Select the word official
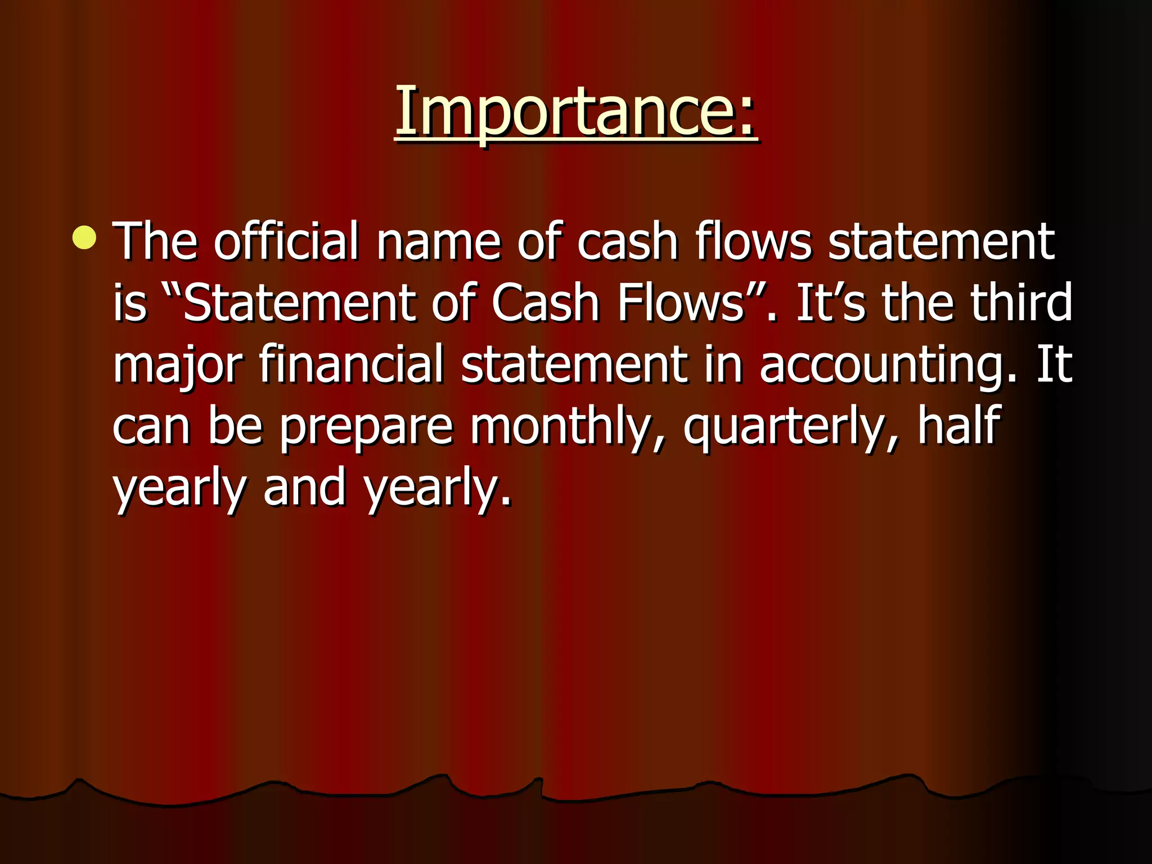coord(286,241)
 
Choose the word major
coord(177,366)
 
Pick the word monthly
coord(568,427)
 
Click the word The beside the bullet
coord(155,241)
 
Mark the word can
coord(151,427)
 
